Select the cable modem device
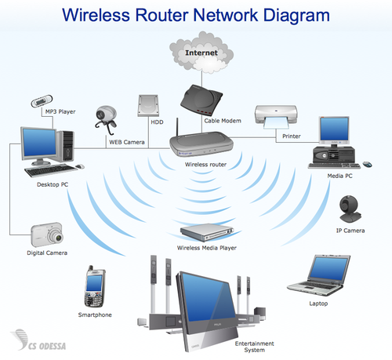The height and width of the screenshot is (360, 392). point(201,97)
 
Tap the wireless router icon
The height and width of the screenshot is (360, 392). point(201,145)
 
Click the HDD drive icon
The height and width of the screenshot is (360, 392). point(149,107)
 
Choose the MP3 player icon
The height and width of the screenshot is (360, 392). point(42,101)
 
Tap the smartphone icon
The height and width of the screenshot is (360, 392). point(95,288)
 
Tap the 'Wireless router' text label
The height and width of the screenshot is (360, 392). point(205,165)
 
